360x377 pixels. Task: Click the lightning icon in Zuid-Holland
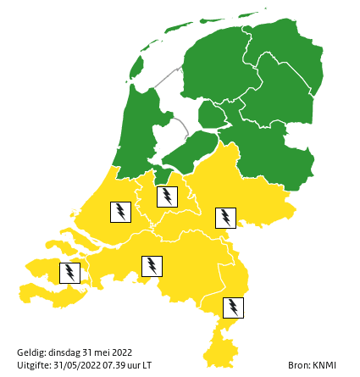coord(120,211)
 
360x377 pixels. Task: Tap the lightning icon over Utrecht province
coord(168,197)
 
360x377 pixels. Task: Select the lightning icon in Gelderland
coord(225,218)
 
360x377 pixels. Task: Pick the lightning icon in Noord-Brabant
coord(152,266)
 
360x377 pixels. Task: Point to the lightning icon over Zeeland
coord(69,273)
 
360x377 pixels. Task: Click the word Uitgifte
coord(33,365)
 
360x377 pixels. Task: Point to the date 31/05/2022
coord(78,365)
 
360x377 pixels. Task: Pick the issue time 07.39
coord(114,365)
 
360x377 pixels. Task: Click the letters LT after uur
coord(147,365)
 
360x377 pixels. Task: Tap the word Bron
coord(297,365)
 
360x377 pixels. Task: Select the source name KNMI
coord(324,365)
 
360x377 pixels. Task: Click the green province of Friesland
coord(212,68)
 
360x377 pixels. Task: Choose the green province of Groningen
coord(284,47)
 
